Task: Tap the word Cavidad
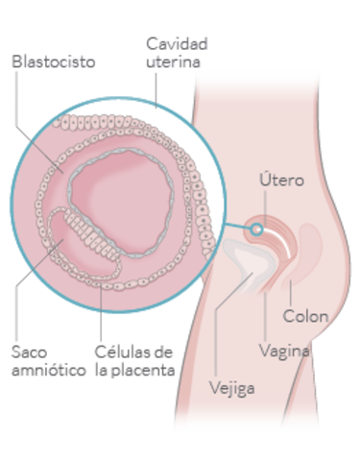(x=177, y=43)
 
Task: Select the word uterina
(x=174, y=61)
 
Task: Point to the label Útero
(x=282, y=181)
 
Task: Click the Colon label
(x=306, y=316)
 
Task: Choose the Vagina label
(x=286, y=351)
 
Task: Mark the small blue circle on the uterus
(x=256, y=229)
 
